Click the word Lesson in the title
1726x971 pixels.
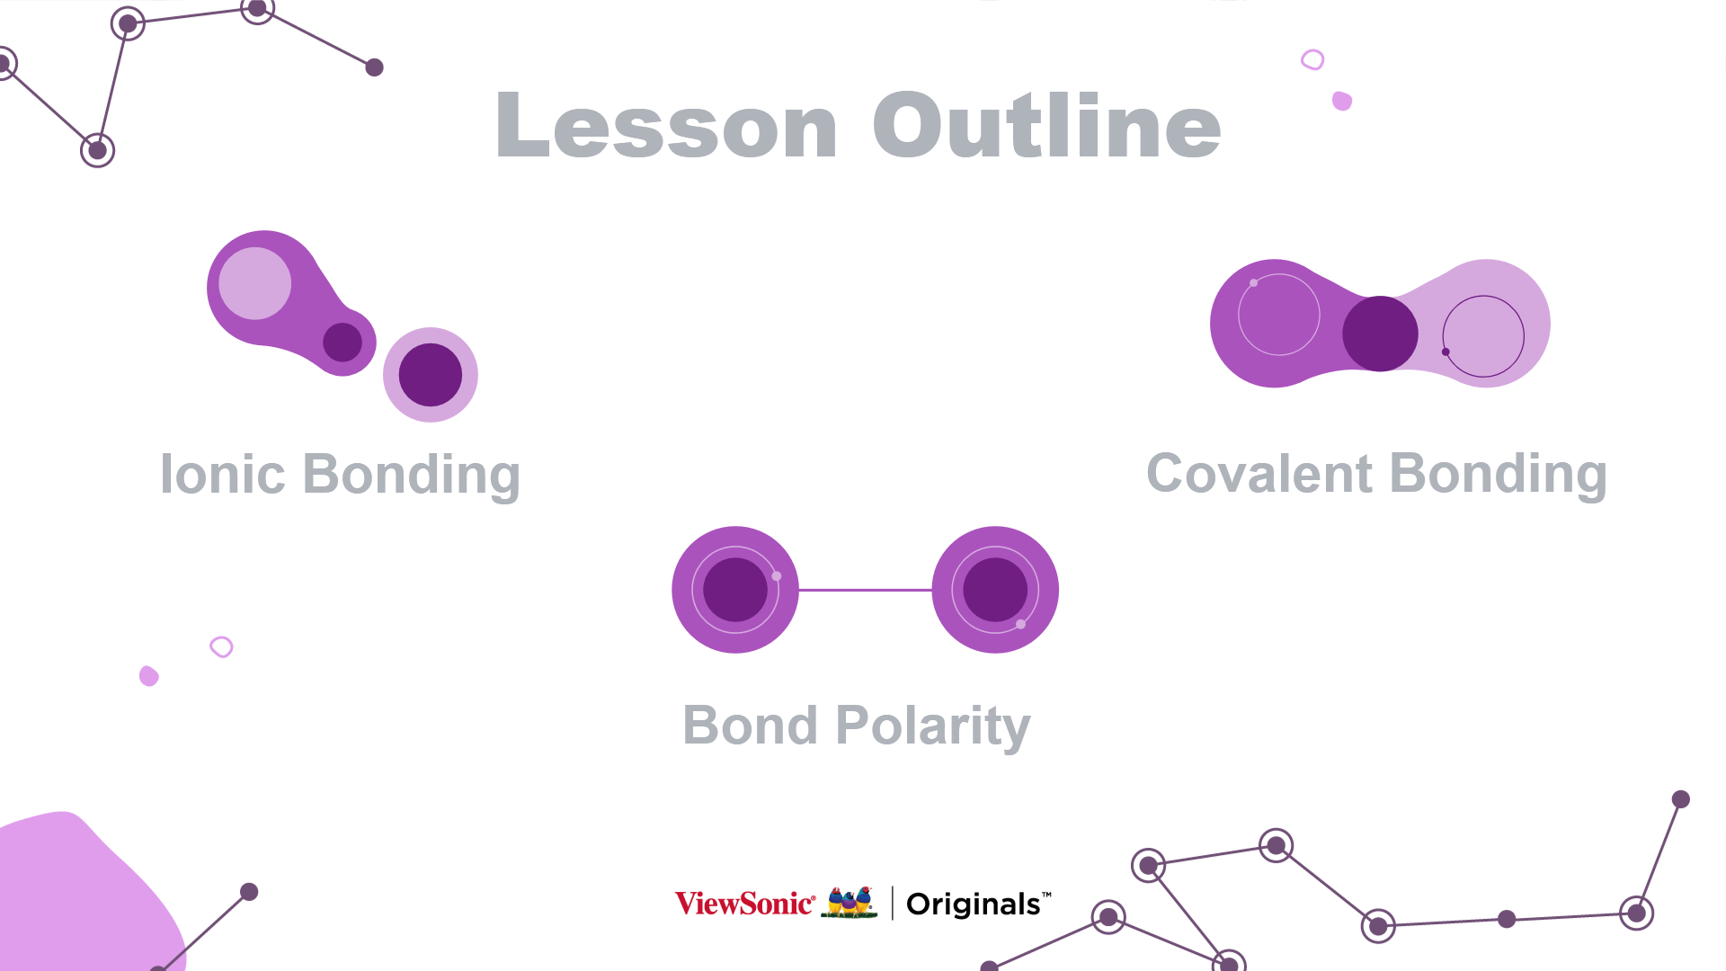pos(666,125)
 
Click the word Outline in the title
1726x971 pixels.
pos(1047,125)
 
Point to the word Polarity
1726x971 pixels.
pos(933,726)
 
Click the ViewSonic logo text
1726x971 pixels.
pos(745,903)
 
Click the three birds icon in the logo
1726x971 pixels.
pos(850,902)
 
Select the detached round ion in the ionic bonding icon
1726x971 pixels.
pos(431,375)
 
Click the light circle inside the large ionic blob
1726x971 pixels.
pos(255,283)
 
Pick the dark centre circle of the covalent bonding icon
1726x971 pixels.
pos(1380,334)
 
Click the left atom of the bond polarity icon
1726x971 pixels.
pos(735,590)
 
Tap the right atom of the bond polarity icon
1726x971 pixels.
pos(995,590)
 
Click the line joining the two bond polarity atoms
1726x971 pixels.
pos(866,590)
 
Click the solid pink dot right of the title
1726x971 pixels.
pos(1342,101)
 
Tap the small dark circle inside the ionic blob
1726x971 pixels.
pos(343,343)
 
